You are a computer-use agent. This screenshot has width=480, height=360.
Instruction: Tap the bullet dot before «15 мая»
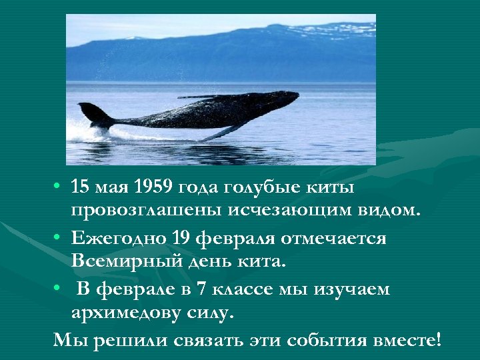point(59,186)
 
